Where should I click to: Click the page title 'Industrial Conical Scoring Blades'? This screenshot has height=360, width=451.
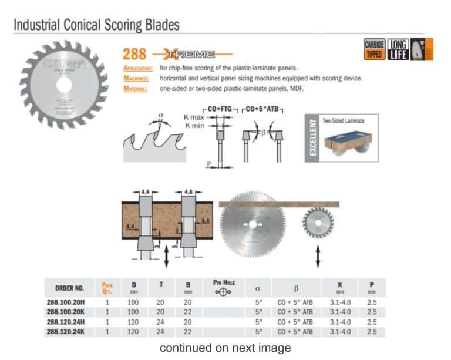point(96,25)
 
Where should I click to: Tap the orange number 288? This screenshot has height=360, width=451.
point(134,55)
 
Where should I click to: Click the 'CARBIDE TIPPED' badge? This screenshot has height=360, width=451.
point(374,49)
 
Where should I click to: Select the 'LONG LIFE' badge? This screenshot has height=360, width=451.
point(398,49)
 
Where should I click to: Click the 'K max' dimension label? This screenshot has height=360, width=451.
point(194,117)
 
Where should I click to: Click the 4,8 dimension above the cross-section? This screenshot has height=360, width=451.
point(189,191)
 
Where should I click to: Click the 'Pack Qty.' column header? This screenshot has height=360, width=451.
point(107,287)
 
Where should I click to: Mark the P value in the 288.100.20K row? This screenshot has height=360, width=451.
point(372,312)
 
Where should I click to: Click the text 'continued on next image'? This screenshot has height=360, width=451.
point(225,348)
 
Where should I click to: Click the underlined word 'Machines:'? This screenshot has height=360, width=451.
point(136,78)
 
